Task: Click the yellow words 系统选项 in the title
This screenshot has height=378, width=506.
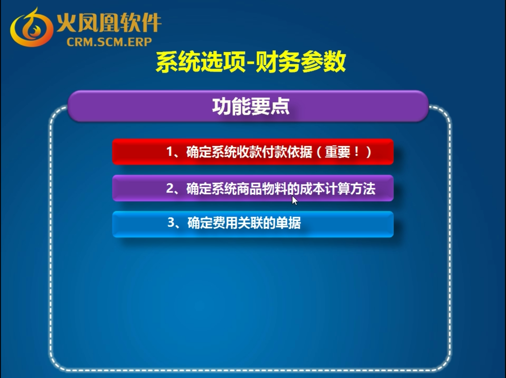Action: [200, 62]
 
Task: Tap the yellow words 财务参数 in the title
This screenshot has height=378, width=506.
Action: [300, 62]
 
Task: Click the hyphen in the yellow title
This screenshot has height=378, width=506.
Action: [250, 63]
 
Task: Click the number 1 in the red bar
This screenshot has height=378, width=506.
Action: [170, 152]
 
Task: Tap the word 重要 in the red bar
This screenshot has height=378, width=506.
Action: [338, 152]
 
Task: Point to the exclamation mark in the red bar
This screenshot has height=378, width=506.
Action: [356, 151]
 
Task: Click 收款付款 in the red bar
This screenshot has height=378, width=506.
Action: [262, 152]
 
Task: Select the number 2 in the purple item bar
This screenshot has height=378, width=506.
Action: [170, 188]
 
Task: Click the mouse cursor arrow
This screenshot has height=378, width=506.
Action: [294, 200]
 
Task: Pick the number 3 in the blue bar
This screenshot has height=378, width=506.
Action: [171, 222]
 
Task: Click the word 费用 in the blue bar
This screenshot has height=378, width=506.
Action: [225, 223]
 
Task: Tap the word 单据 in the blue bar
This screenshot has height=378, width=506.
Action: [288, 223]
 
